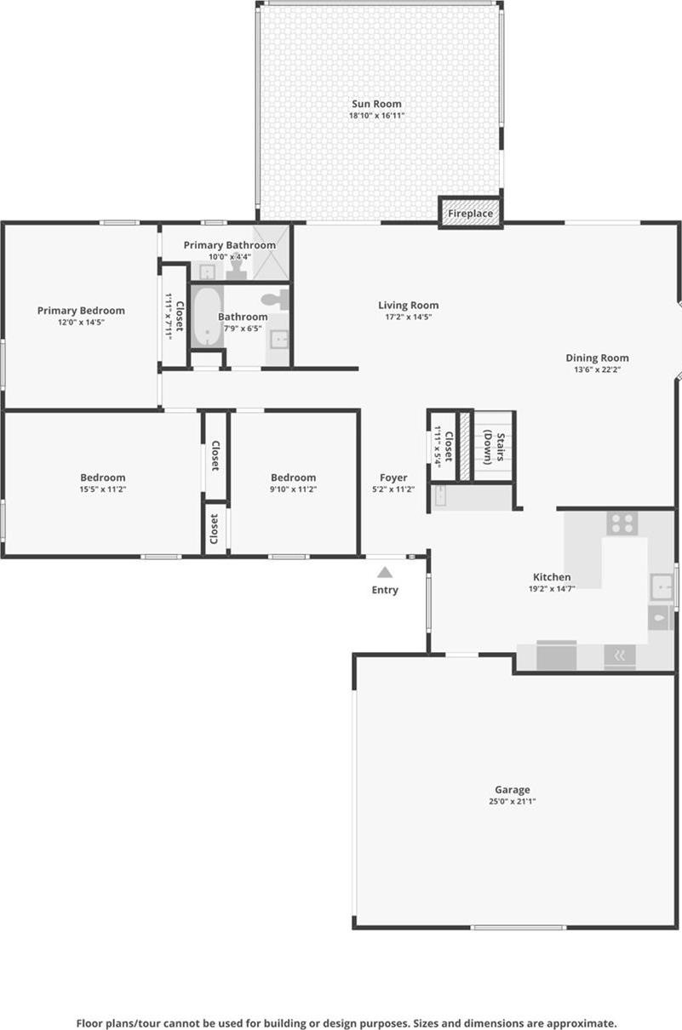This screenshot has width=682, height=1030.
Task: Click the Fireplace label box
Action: coord(470,214)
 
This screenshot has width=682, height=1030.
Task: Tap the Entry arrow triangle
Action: coord(385,573)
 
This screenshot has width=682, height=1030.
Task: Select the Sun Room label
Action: coord(376,104)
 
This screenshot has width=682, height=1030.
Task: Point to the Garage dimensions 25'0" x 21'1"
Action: coord(513,802)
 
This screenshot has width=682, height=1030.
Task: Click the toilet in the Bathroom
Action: coord(275,300)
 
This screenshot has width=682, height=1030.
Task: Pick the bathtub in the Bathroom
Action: coord(206,317)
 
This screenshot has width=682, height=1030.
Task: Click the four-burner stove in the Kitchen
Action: coord(622,523)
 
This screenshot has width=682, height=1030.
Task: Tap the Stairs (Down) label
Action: coord(495,446)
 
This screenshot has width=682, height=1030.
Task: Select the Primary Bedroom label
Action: coord(81,311)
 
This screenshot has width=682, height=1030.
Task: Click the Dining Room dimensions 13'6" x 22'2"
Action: coord(597,370)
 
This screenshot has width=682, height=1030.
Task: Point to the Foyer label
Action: coord(393,478)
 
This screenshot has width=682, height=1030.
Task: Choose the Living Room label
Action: coord(409,306)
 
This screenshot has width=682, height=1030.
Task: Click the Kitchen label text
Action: coord(552,577)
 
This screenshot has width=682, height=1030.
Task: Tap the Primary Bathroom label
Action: coord(230,245)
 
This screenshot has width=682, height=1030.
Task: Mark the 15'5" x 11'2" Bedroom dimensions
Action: coord(103,489)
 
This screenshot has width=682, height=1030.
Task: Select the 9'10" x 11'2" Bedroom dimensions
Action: coord(293,489)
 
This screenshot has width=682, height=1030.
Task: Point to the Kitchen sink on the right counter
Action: coord(662,587)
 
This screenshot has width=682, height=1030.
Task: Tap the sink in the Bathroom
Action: coord(278,340)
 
